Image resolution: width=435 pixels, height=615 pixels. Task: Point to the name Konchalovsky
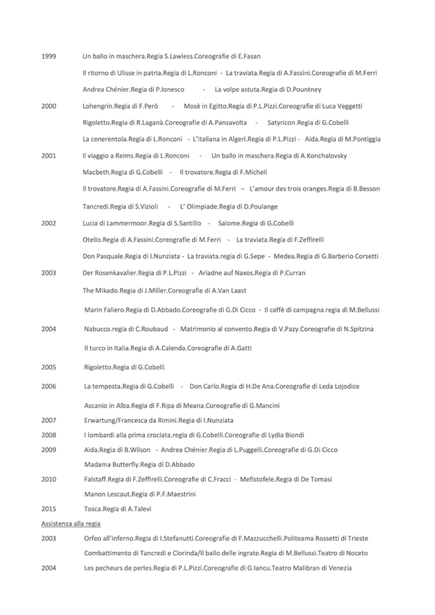(x=322, y=156)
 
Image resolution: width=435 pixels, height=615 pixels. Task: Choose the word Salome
(x=229, y=223)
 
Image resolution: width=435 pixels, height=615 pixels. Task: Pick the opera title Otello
(x=92, y=239)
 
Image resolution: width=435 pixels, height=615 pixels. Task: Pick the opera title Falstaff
(x=96, y=479)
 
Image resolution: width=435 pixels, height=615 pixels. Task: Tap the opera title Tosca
(x=93, y=508)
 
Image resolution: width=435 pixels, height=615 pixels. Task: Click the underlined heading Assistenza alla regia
(x=70, y=523)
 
